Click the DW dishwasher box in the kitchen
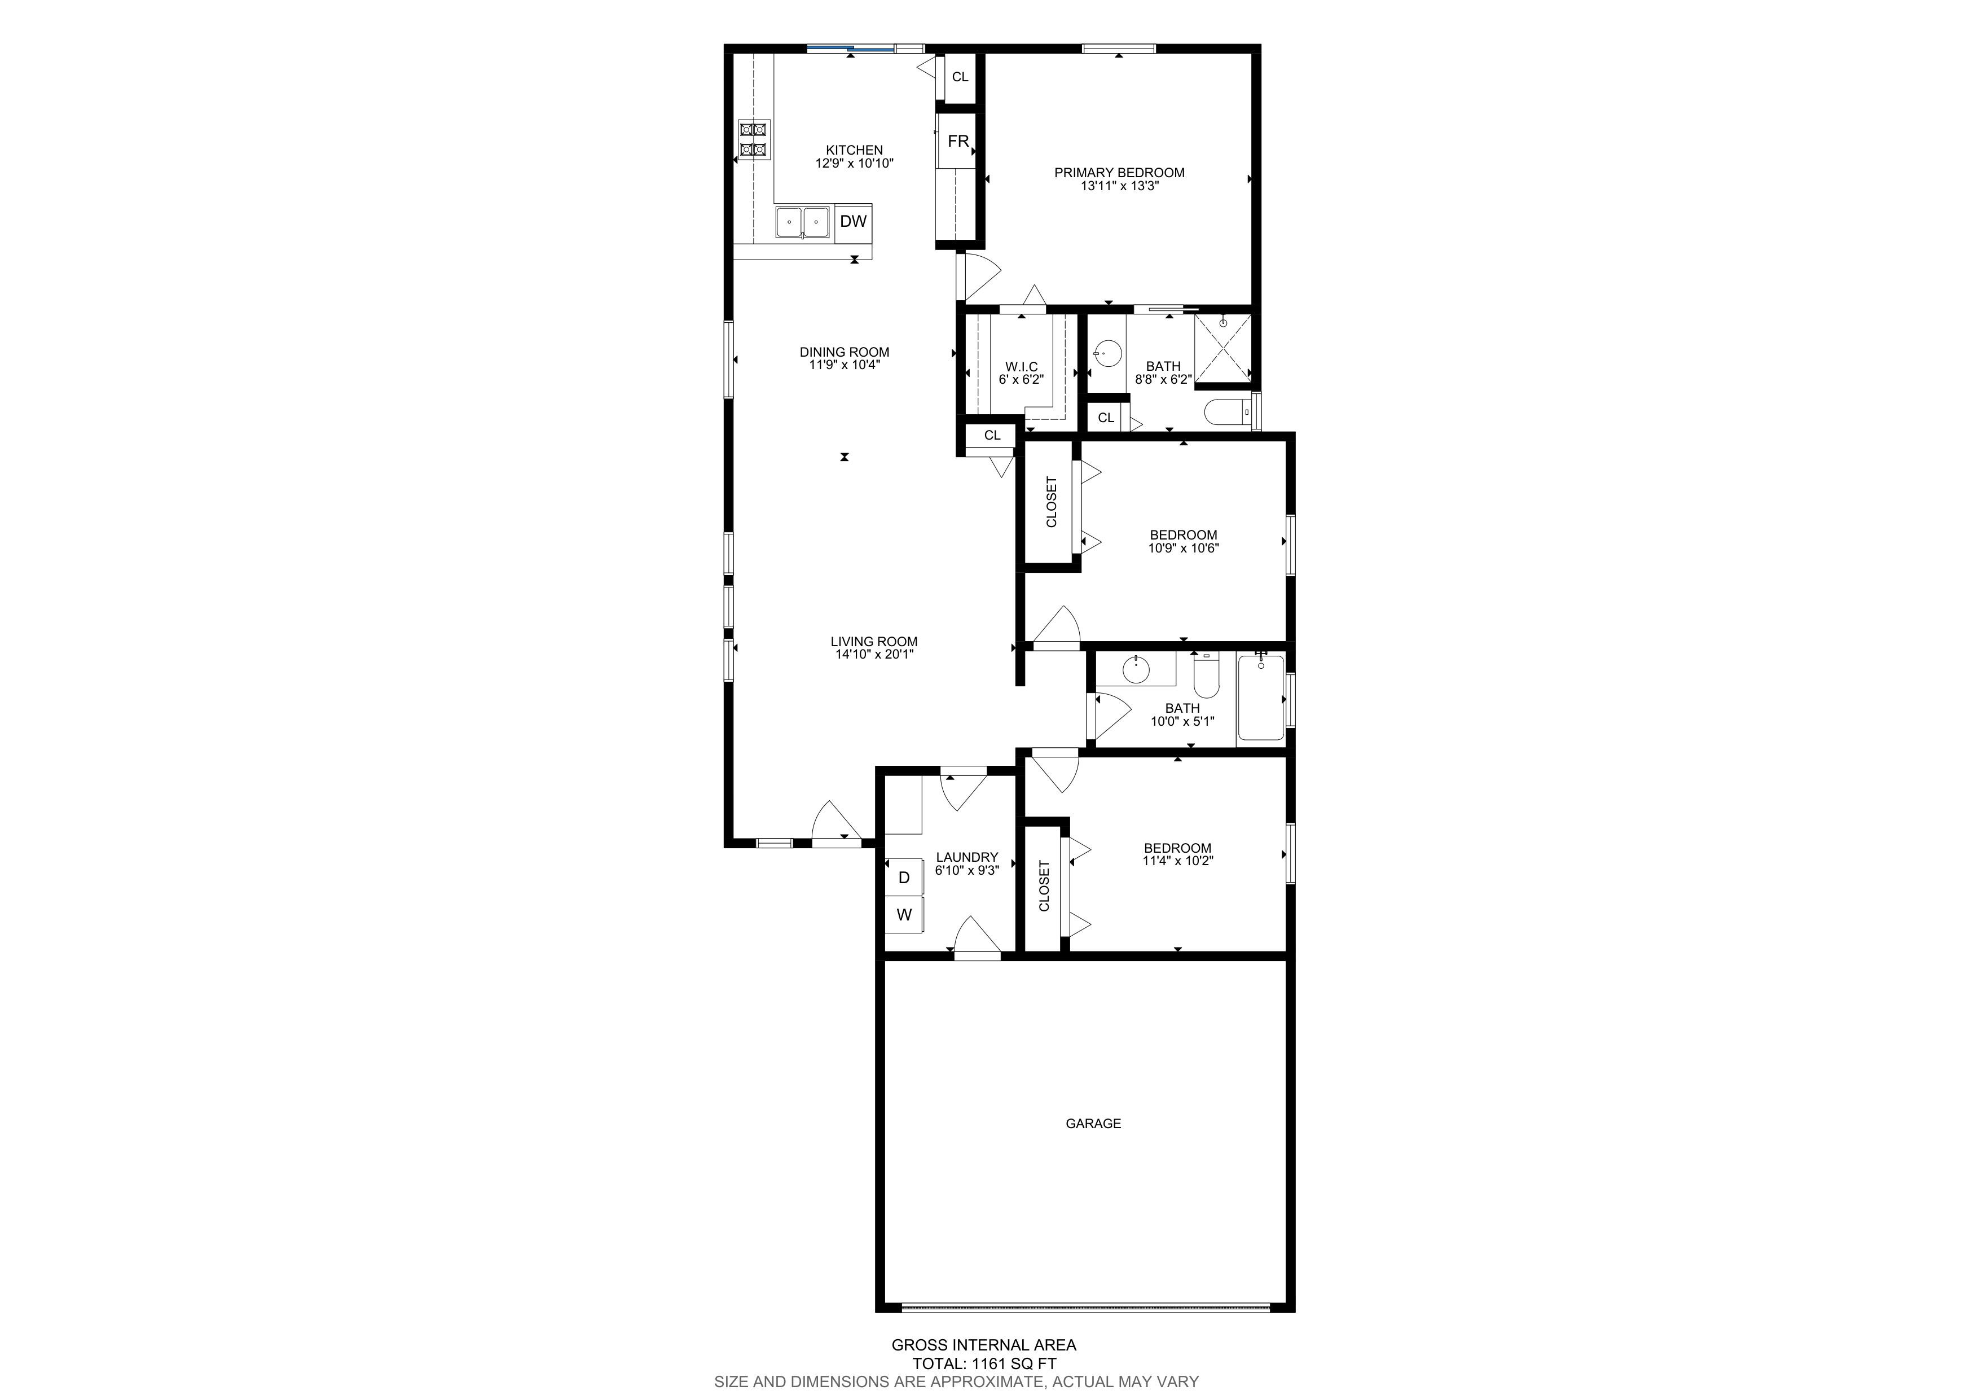[854, 222]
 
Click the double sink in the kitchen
[802, 222]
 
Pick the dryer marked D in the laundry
[904, 878]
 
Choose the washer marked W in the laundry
[904, 915]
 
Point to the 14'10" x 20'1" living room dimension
[874, 654]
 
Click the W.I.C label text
[1022, 366]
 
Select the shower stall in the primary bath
[1222, 348]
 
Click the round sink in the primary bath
[1107, 353]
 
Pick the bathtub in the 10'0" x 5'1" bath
[1260, 699]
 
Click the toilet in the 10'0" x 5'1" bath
[1206, 676]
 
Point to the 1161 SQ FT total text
[984, 1363]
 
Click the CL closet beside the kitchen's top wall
[960, 77]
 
